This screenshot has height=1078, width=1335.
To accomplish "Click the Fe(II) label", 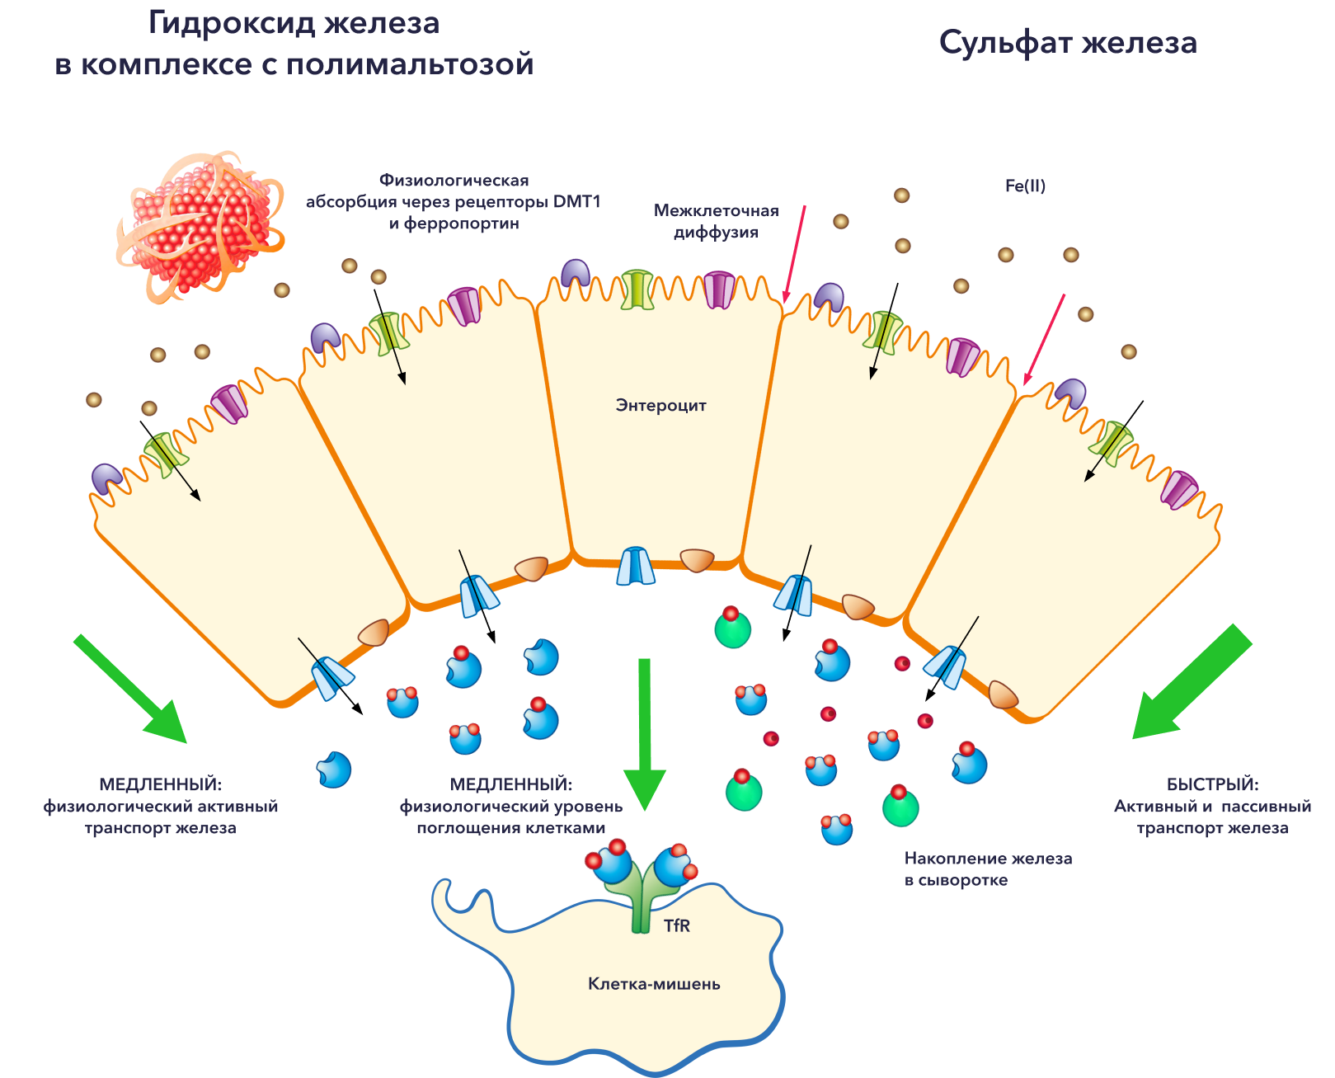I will (1025, 186).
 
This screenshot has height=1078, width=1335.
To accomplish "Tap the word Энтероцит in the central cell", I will (660, 405).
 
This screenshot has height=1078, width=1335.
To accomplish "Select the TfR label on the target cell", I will (677, 925).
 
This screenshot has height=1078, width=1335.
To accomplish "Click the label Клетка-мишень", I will (654, 983).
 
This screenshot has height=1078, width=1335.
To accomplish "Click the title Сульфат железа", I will (1068, 43).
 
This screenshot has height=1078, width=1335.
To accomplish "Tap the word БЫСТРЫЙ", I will (1212, 784).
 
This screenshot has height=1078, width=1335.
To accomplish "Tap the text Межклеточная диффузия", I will (716, 221).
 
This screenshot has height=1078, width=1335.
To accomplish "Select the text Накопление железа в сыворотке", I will (988, 869).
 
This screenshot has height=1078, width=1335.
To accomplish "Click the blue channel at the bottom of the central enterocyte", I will (636, 567).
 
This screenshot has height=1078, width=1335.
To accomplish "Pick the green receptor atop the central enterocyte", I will (637, 289).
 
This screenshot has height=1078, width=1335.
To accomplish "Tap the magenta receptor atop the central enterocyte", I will (718, 290).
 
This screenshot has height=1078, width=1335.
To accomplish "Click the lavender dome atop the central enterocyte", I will (576, 274).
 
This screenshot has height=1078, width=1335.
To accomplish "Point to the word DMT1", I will (576, 201).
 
